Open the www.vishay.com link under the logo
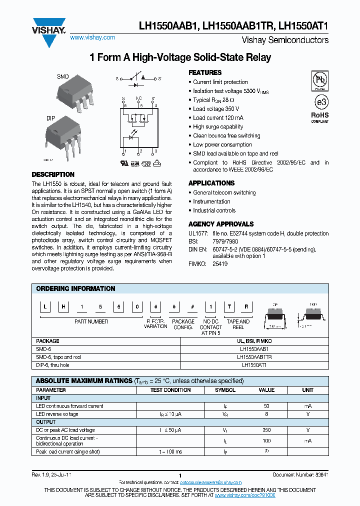pos(92,37)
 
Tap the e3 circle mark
pos(320,101)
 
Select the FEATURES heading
pos(205,72)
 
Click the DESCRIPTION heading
pos(53,175)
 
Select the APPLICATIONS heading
pos(211,183)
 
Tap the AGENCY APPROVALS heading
pos(221,224)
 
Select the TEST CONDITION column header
pos(170,390)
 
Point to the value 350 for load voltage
pos(266,430)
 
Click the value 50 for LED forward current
pos(266,406)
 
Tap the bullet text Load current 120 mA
pos(218,118)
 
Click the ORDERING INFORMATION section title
pos(75,289)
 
